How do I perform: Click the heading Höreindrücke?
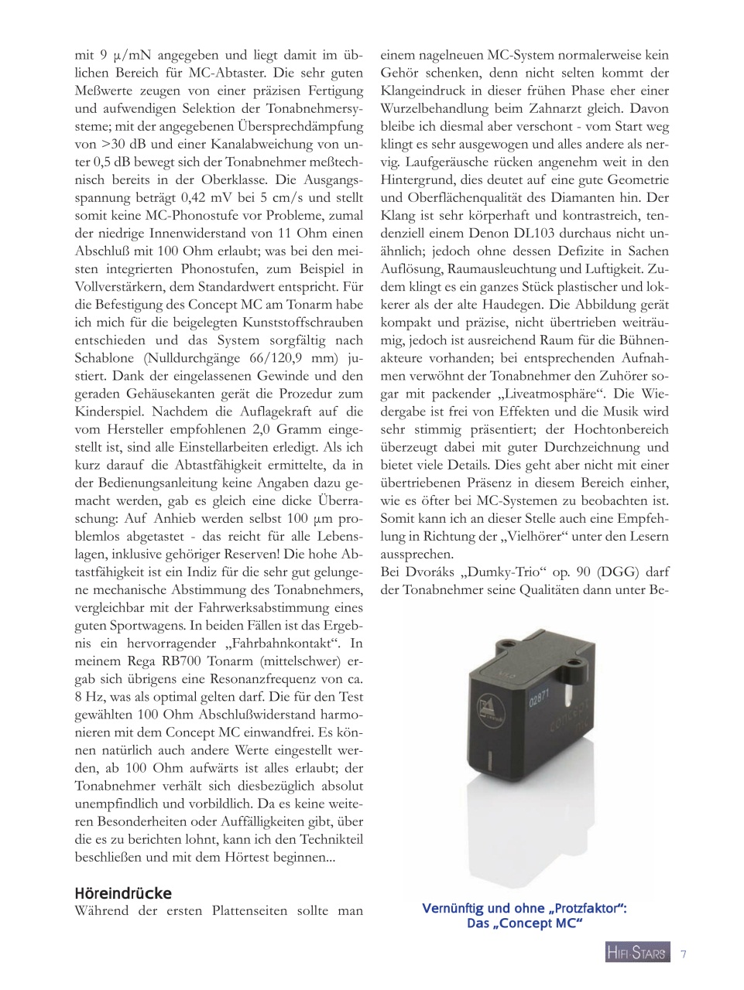point(122,893)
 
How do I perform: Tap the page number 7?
point(684,954)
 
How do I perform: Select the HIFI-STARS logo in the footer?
point(636,954)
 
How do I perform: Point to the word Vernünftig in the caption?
point(461,909)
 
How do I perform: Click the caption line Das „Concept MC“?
point(524,923)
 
